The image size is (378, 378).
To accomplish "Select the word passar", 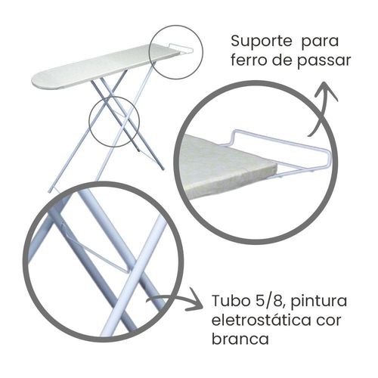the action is coord(324,62).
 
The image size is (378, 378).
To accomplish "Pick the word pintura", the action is coord(319,301).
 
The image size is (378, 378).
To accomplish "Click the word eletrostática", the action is coord(261,320).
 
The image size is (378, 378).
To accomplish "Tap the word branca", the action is coord(240,339).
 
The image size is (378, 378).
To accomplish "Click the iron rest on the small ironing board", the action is coord(181,48).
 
